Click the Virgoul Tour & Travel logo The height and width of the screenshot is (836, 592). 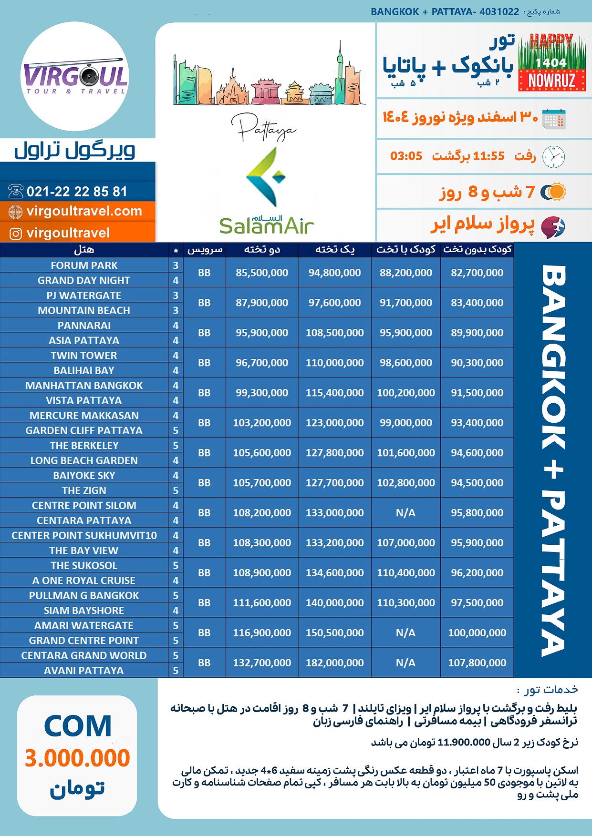coord(75,76)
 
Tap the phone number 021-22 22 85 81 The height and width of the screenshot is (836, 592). coord(77,192)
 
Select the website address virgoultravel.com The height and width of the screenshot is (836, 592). coord(84,211)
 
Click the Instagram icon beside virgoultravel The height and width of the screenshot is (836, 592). coord(16,234)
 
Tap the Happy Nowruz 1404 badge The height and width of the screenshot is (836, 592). coord(551,62)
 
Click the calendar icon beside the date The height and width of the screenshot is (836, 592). coord(553,118)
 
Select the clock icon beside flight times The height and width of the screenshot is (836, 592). coord(553,156)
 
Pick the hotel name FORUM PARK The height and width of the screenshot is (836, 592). coord(84,265)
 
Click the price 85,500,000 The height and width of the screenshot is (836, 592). coord(262,273)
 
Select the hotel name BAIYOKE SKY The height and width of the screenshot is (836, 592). coord(84,476)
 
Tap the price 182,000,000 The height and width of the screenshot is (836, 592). coord(334,663)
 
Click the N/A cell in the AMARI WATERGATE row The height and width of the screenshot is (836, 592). coord(405,632)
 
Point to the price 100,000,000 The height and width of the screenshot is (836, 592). coord(477,632)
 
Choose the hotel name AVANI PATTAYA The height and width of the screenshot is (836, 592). coord(84,671)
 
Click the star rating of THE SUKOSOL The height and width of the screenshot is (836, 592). coord(176,566)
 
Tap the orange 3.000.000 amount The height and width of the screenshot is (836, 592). coord(77,758)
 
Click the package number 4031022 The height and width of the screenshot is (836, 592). coord(499,11)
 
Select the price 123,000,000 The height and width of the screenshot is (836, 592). coord(334,423)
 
